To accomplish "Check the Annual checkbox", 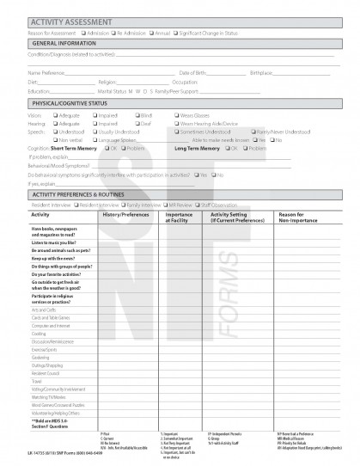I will pos(149,33).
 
